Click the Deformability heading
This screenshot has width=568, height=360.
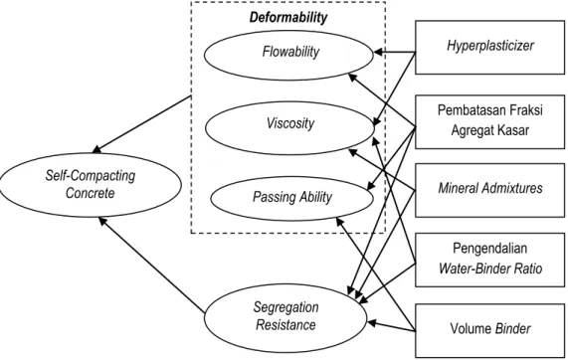click(288, 17)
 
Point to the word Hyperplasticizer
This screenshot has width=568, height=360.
click(490, 46)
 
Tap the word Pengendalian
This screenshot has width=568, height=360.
click(489, 249)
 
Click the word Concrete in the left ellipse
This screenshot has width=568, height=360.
click(91, 193)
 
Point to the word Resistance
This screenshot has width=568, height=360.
click(285, 324)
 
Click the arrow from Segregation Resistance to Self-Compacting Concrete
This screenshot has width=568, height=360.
click(152, 265)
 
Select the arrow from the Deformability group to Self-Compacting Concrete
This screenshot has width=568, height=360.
click(142, 124)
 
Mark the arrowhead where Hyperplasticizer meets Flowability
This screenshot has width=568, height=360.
click(378, 53)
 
